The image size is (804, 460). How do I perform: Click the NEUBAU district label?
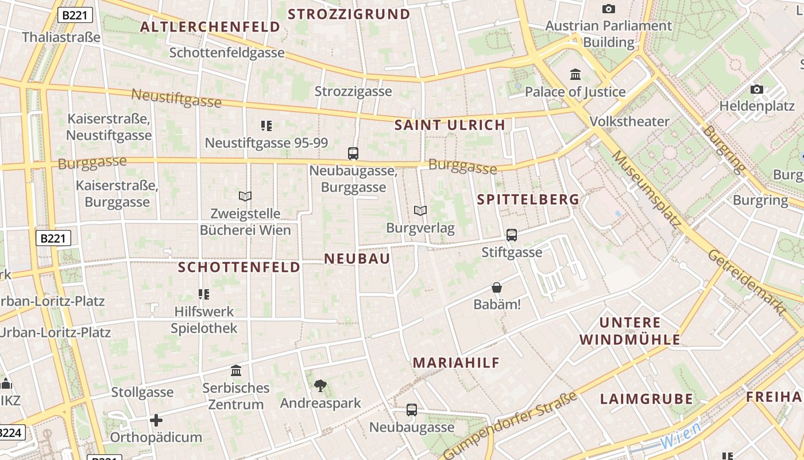[x=357, y=259]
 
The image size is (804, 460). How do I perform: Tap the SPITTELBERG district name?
[x=528, y=200]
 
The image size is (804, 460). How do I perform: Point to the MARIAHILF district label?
[x=456, y=363]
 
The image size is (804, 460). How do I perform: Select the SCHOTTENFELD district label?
[x=239, y=267]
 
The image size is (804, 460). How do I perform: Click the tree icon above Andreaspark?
[x=320, y=386]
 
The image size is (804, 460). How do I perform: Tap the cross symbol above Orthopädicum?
[x=156, y=420]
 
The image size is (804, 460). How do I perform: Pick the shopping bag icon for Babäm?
[x=497, y=287]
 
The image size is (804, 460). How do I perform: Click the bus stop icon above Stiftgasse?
[x=511, y=235]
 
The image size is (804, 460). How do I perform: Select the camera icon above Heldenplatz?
[x=757, y=89]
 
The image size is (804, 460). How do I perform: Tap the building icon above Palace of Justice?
[x=575, y=74]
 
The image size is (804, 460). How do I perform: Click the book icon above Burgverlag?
[x=420, y=211]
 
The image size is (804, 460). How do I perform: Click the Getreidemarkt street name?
[x=746, y=282]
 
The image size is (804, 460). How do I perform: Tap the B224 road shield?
[x=11, y=433]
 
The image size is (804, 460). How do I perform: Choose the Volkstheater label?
[x=629, y=121]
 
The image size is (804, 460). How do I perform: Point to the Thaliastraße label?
[x=61, y=37]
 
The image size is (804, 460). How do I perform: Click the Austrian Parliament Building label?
[x=608, y=34]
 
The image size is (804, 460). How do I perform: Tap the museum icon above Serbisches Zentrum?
[x=235, y=370]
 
